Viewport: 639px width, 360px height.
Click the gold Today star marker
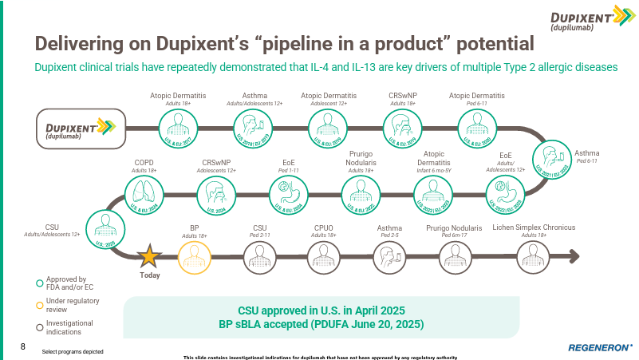(x=149, y=257)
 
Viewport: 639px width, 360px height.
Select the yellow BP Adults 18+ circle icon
(x=194, y=257)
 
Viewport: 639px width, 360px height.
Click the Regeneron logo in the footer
(x=601, y=348)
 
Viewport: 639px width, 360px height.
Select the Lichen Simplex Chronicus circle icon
(x=534, y=257)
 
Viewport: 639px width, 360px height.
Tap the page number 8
(x=23, y=347)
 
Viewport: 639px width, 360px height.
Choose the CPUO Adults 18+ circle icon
(x=323, y=257)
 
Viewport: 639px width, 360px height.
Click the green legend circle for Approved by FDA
(x=39, y=282)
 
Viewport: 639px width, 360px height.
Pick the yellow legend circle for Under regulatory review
(x=39, y=304)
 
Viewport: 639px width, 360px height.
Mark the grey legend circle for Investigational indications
(x=39, y=326)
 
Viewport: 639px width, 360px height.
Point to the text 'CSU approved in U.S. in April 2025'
(x=321, y=310)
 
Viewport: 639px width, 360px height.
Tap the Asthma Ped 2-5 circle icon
(x=389, y=257)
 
